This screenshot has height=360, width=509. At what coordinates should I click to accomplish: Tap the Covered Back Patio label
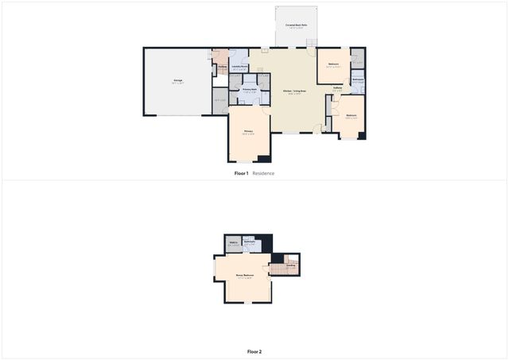297,25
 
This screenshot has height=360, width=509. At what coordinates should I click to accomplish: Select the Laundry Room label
239,67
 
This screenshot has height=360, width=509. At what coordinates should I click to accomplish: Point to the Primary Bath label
249,90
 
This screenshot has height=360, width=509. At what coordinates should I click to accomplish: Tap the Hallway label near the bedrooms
337,89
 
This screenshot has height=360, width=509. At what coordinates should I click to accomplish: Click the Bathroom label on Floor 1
358,79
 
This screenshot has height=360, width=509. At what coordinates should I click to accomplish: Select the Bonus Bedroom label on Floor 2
244,276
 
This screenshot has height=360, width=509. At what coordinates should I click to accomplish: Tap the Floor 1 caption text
241,173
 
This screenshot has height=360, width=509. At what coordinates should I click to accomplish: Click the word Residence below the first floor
263,173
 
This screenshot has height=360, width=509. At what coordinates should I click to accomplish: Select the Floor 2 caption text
254,351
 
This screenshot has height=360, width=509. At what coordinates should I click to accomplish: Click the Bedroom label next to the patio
334,64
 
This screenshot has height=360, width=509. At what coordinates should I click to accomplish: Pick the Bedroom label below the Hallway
351,116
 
